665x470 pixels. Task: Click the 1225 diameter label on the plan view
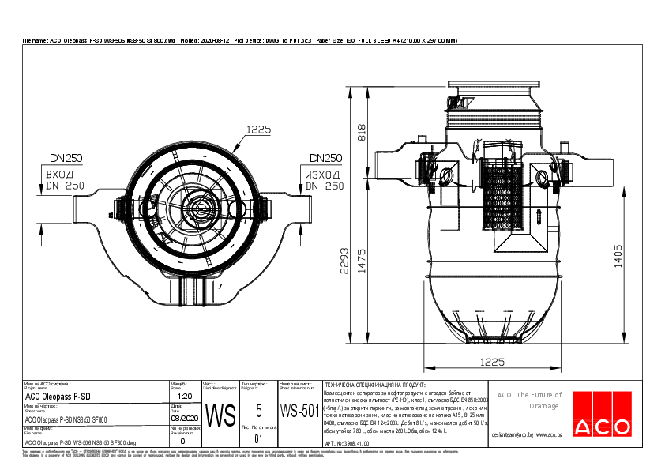[x=258, y=130]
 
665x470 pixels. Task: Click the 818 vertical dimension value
[x=362, y=133]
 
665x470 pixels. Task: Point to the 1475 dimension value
[x=362, y=262]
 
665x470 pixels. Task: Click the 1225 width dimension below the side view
[x=492, y=362]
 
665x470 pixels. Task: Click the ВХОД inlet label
[x=59, y=174]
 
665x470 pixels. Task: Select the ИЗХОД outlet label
[x=323, y=174]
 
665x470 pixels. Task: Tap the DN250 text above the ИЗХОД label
[x=325, y=158]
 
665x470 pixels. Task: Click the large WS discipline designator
[x=220, y=414]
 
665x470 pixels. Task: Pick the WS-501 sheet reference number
[x=299, y=412]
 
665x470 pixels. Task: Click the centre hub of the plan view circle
[x=197, y=209]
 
